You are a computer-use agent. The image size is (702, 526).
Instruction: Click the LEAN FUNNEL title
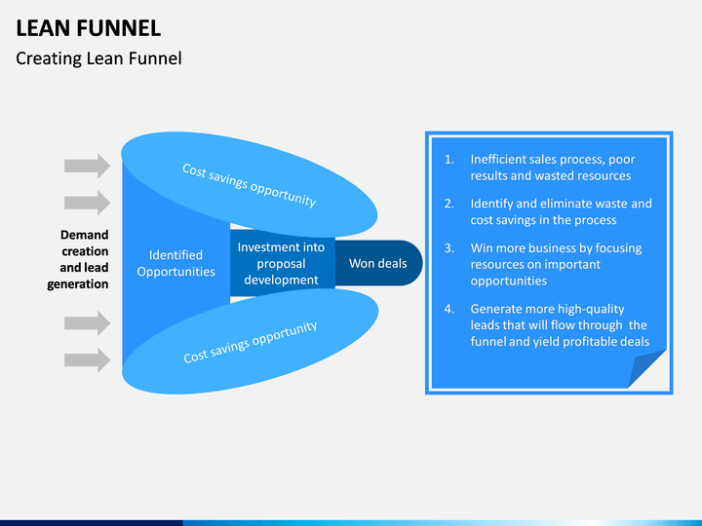click(88, 28)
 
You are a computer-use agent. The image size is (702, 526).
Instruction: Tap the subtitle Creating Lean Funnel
click(98, 58)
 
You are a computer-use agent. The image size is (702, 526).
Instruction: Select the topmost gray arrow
click(88, 166)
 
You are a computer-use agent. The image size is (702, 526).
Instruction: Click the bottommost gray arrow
click(88, 360)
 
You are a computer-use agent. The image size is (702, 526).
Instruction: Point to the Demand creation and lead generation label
click(78, 259)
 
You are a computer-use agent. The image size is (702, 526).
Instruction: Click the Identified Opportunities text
click(175, 263)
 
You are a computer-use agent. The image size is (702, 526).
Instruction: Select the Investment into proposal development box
click(282, 263)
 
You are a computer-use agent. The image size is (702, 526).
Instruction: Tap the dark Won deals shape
click(378, 263)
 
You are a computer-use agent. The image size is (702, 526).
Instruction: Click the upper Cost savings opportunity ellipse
click(249, 184)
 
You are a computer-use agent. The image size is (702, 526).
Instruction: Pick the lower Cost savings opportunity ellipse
click(251, 341)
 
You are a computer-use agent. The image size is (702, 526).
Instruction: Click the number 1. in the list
click(449, 160)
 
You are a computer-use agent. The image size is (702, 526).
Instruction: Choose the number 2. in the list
click(449, 204)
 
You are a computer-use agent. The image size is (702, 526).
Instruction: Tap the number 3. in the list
click(449, 248)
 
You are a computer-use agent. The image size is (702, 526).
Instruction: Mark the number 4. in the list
click(449, 309)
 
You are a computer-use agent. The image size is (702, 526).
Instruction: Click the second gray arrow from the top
click(88, 203)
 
